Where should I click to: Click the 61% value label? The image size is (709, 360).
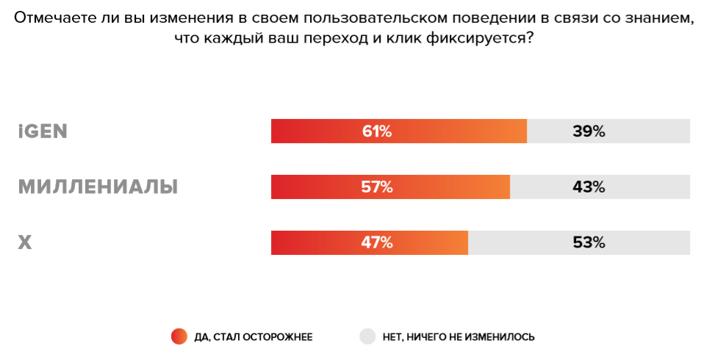point(376,132)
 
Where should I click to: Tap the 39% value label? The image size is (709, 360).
point(589,132)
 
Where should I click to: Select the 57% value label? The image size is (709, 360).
point(376,187)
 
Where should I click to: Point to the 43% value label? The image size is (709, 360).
point(589,187)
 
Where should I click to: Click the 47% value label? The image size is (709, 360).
point(376,242)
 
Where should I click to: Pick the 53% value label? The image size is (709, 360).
point(589,242)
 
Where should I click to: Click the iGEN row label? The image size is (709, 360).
point(43,132)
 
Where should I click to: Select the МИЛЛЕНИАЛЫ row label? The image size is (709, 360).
point(98,187)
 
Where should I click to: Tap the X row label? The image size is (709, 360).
point(25,242)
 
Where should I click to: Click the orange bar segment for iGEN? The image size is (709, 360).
point(316,132)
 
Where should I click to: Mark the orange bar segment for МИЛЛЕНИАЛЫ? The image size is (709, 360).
point(316,187)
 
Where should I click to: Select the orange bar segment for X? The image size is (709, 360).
point(316,242)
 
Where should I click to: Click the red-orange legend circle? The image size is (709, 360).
point(179,336)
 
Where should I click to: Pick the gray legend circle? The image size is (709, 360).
point(367,336)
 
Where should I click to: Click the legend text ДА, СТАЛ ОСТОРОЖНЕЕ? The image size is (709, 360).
point(253,337)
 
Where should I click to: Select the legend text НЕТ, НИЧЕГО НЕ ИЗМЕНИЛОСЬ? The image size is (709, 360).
point(458,337)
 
